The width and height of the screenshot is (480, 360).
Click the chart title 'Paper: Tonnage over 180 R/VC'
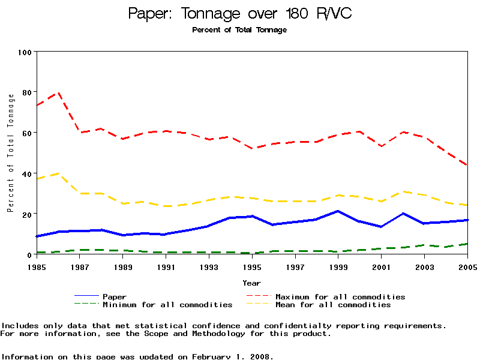coord(239,13)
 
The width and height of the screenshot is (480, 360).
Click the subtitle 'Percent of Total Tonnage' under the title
coord(239,30)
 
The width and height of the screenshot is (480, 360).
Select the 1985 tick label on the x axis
coord(37,265)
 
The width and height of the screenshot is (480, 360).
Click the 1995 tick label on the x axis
coord(252,265)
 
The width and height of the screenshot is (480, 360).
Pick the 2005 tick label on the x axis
coord(467,265)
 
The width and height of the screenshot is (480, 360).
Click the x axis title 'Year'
coord(252,283)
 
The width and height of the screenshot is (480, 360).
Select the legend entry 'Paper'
coord(115,296)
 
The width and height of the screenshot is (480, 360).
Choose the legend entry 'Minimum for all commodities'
coord(167,305)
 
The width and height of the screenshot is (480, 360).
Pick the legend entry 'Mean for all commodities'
coord(333,305)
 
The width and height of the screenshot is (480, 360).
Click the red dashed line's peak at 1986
coord(59,93)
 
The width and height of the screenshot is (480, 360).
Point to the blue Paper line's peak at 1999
coord(338,211)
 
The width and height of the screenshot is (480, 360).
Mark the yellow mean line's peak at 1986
coord(59,173)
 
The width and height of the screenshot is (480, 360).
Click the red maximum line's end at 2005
coord(467,165)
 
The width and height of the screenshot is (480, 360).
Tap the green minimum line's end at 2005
coord(467,244)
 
